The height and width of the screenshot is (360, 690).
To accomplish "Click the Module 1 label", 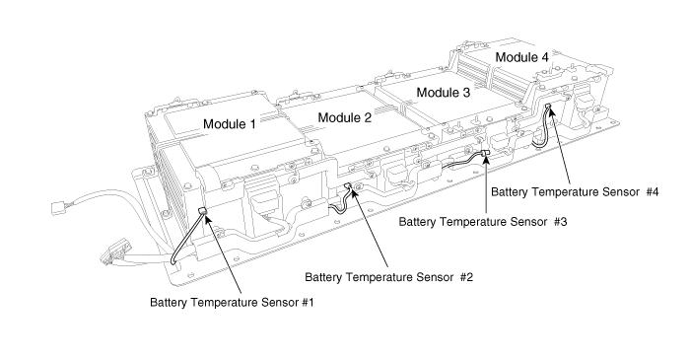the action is click(230, 124).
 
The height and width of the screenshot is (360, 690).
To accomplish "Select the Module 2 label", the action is click(345, 117).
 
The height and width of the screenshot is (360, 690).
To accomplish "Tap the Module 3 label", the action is click(444, 93).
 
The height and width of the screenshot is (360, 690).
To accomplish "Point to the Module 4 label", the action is click(521, 57).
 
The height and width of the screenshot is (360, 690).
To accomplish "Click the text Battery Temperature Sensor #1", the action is click(232, 303).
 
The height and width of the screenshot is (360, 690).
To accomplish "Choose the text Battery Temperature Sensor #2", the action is click(389, 277).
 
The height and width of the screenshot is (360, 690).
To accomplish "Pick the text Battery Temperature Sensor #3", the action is click(483, 222).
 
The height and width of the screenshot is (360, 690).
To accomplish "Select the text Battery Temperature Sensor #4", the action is click(575, 192).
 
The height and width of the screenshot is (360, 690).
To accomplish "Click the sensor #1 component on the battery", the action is click(203, 211).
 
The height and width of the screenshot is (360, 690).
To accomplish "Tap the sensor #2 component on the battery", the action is click(347, 186).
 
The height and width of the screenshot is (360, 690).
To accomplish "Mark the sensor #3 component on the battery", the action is click(486, 153).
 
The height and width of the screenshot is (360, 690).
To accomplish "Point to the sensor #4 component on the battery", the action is click(548, 107).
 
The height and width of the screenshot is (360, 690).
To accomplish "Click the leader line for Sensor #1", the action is click(224, 253).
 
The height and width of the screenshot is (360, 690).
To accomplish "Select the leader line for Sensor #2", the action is click(370, 228).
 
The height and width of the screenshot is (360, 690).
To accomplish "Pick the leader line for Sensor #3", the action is click(486, 184).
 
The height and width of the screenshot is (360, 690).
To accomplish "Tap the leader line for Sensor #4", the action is click(560, 146).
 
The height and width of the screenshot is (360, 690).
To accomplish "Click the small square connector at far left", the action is click(58, 206).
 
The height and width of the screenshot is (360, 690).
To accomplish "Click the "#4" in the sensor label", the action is click(653, 192).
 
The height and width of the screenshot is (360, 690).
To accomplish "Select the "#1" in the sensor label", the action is click(308, 303).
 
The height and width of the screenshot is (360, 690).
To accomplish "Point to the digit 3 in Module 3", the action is click(466, 93).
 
